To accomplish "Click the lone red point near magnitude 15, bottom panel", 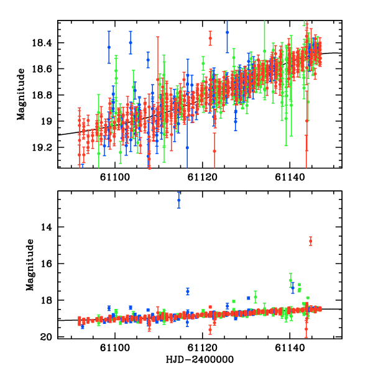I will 310,241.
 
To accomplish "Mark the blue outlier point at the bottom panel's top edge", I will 179,200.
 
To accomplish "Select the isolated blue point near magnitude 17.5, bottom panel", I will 187,292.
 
